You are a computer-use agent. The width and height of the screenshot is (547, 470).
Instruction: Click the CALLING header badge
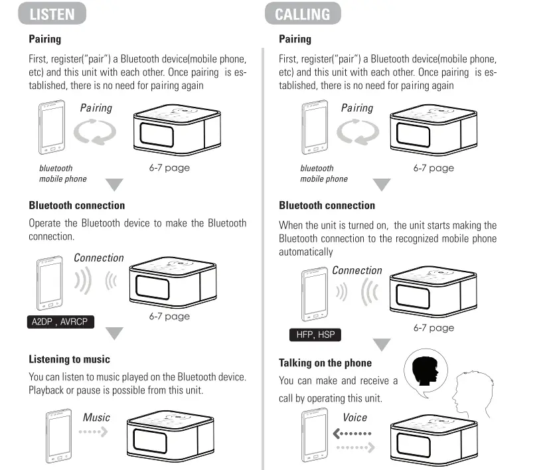coord(303,13)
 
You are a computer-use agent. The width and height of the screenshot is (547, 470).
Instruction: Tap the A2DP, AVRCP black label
coord(60,323)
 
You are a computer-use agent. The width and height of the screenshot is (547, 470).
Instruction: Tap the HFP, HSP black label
coord(316,335)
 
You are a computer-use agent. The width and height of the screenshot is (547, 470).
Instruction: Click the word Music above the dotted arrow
coord(96,418)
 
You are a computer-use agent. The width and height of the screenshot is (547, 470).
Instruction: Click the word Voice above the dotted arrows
coord(354,418)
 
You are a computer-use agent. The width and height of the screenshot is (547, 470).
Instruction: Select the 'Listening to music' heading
coord(69,359)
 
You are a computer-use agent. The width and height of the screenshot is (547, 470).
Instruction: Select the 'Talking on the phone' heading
coord(325,362)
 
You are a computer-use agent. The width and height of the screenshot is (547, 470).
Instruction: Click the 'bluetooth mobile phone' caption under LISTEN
coord(62,173)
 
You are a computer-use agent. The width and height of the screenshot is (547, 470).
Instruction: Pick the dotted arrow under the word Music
coord(93,432)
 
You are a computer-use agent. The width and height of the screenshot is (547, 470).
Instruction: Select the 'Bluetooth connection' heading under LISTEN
coord(76,205)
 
